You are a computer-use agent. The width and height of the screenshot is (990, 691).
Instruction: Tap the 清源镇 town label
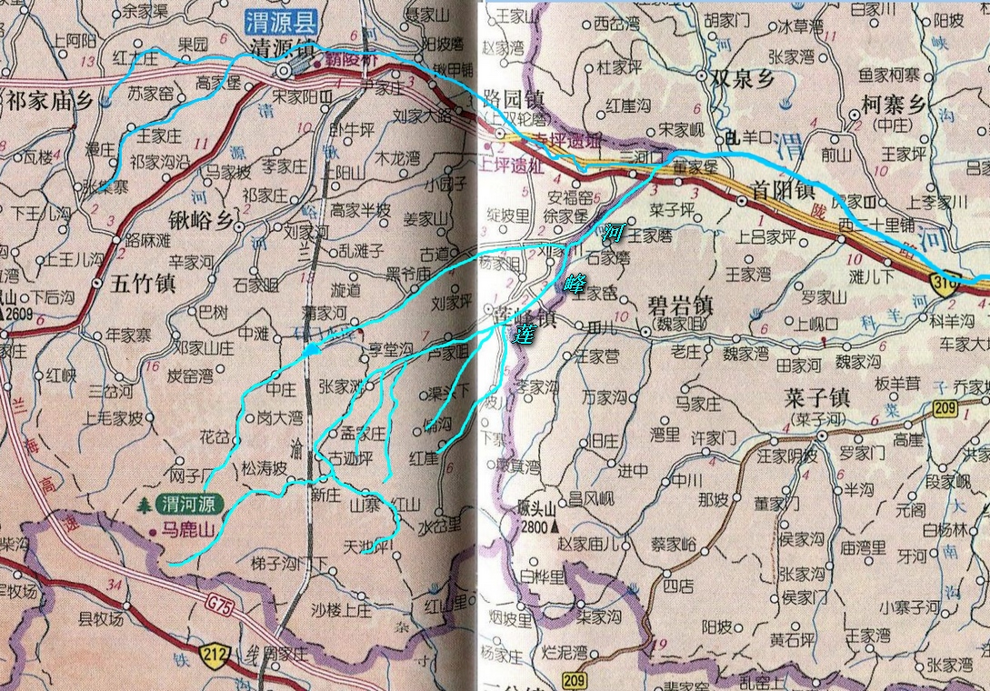coord(278,49)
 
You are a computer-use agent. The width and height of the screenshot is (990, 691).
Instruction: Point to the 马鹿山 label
coord(186,526)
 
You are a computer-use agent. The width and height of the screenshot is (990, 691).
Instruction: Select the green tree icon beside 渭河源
coord(144,506)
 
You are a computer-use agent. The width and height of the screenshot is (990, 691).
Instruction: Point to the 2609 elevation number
coord(17,313)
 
